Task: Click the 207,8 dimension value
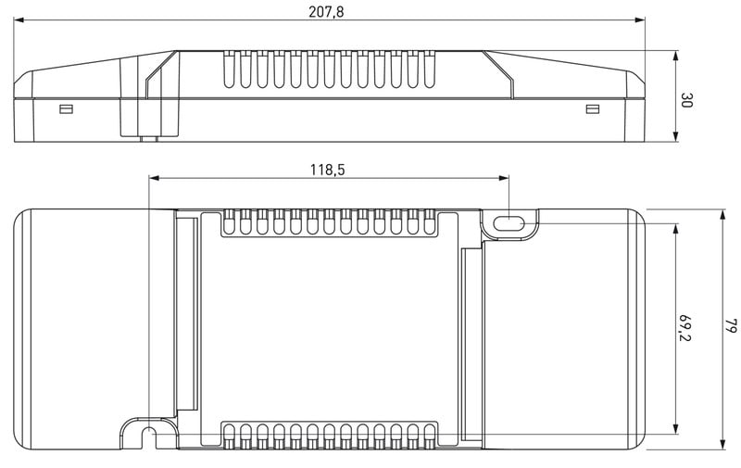[x=326, y=11]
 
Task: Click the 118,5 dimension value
[x=328, y=170]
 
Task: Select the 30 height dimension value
[x=686, y=100]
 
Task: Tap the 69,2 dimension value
[x=684, y=326]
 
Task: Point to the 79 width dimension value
[x=731, y=325]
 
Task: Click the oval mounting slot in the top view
[x=508, y=223]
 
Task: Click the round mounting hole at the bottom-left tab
[x=149, y=431]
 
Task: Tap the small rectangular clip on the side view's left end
[x=66, y=109]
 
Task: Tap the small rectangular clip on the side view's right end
[x=593, y=109]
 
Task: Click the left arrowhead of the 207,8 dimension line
[x=19, y=19]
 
